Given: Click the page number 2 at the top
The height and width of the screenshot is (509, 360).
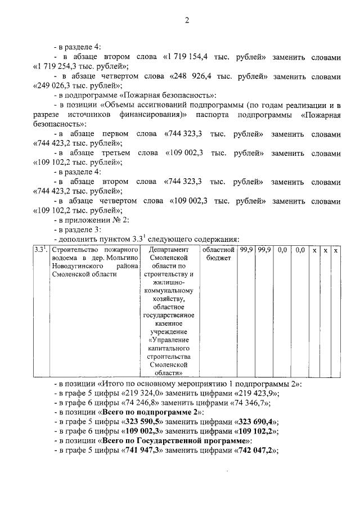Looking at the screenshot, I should [186, 21].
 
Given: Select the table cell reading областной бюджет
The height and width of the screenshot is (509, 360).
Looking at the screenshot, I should [217, 254].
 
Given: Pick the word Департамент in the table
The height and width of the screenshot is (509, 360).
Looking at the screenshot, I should [172, 250].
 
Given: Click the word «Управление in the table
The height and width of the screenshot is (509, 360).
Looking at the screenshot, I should [172, 340].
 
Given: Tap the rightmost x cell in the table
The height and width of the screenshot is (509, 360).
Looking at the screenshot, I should [336, 250].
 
